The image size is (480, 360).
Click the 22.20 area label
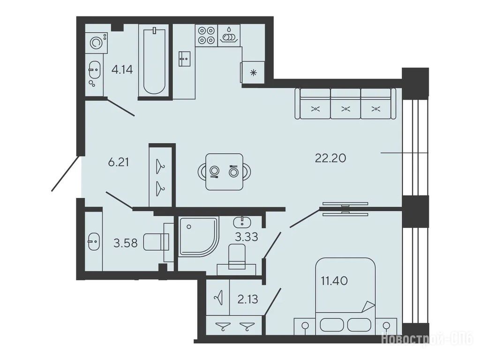click(330, 158)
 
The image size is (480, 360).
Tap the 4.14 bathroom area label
click(122, 70)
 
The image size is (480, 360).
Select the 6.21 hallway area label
click(119, 162)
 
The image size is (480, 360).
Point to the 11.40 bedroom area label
click(334, 280)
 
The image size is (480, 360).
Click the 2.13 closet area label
click(247, 299)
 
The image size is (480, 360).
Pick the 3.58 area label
click(125, 243)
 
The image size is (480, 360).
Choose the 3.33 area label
click(247, 237)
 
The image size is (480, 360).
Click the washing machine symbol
click(97, 43)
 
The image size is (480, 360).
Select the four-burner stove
click(206, 35)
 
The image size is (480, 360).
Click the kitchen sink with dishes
click(229, 35)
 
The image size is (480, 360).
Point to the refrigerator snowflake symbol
click(253, 73)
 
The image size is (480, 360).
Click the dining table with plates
click(225, 172)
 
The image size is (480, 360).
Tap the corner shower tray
click(198, 236)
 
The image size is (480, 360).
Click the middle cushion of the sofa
click(345, 104)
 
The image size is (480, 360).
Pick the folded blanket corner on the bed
click(368, 307)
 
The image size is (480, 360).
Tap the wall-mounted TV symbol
click(345, 209)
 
